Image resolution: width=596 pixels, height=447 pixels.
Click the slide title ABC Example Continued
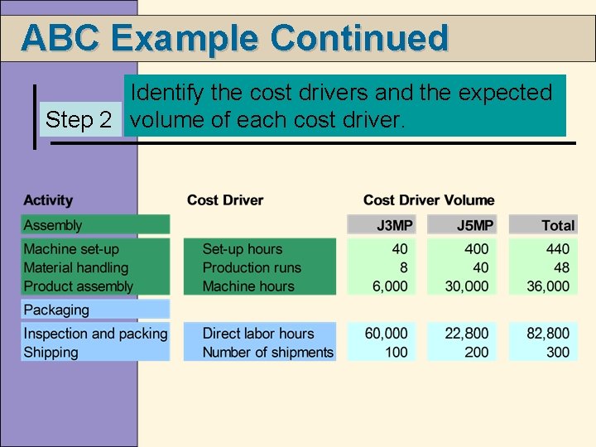tap(234, 38)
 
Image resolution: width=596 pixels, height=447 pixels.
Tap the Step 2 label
tap(79, 119)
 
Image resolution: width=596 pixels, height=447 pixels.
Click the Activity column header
tap(48, 200)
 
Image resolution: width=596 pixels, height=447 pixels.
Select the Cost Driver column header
tap(225, 200)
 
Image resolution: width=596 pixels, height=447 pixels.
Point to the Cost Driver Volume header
tap(429, 200)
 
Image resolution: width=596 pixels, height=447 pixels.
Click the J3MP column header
tap(392, 225)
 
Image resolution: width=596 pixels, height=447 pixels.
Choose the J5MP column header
tap(475, 225)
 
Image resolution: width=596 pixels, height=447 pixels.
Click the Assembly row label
tap(53, 225)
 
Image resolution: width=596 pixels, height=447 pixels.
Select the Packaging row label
tap(56, 310)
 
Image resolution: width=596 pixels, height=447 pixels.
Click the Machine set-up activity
tap(71, 249)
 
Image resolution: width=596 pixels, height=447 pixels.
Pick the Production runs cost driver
tap(252, 268)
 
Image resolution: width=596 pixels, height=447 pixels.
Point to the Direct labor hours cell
tap(258, 334)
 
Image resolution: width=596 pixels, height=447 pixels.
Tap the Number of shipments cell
tap(268, 353)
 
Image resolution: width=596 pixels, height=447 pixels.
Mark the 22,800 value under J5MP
tap(467, 334)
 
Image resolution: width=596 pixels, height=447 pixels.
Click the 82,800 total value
tap(548, 334)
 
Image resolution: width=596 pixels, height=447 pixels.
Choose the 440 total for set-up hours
tap(557, 249)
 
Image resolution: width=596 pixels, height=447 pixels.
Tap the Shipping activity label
tap(51, 353)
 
